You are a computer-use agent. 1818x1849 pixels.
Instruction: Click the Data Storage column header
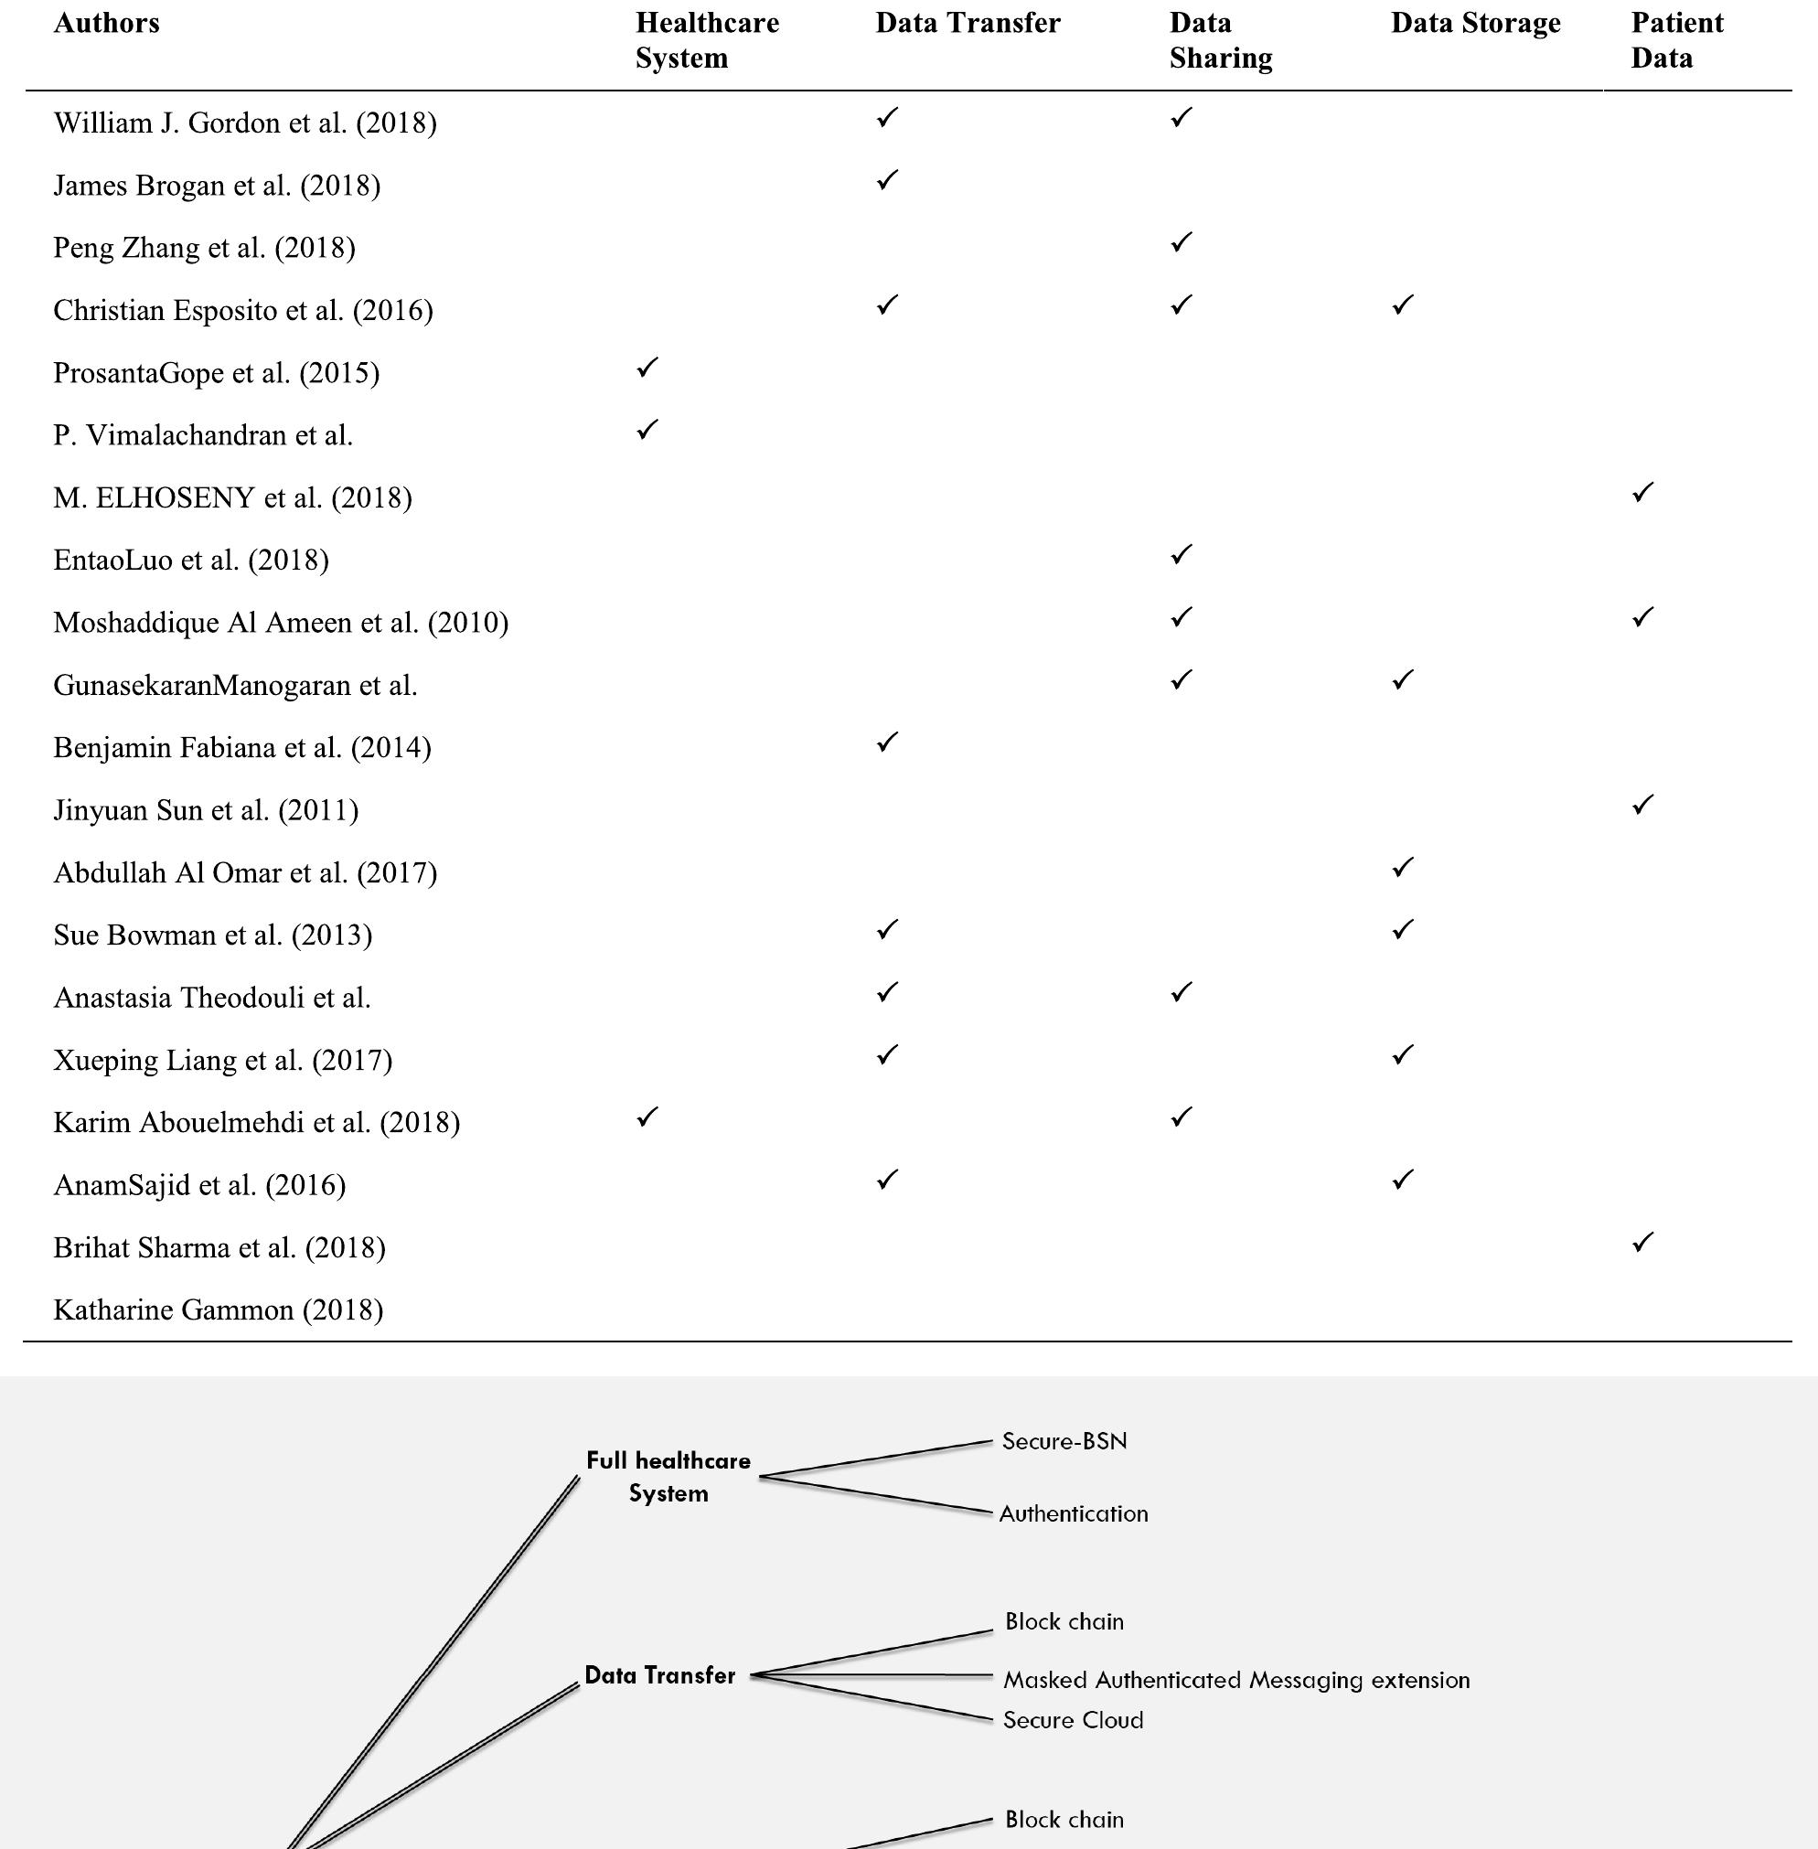click(1475, 23)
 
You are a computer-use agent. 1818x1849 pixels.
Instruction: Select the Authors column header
click(106, 23)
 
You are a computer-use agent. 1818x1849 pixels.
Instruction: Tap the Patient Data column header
click(1676, 40)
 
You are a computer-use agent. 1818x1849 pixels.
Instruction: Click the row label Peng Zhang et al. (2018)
click(204, 248)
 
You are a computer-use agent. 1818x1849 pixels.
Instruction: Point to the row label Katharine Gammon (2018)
click(218, 1309)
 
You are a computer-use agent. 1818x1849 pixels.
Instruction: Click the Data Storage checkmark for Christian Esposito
click(1402, 305)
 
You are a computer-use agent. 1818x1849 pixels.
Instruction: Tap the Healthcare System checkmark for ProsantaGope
click(647, 368)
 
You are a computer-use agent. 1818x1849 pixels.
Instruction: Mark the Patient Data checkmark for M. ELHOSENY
click(1642, 493)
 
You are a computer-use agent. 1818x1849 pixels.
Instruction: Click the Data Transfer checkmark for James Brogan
click(887, 180)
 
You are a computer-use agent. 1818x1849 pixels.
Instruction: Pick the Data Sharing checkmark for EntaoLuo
click(1182, 554)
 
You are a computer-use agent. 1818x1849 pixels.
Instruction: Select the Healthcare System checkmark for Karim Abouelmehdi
click(647, 1117)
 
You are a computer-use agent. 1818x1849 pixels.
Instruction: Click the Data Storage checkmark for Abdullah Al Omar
click(1402, 868)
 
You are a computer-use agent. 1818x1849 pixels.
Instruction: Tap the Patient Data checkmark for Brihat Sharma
click(1642, 1242)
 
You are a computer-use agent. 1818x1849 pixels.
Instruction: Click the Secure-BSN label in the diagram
click(1064, 1441)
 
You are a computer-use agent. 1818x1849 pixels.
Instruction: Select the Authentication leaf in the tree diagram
click(1074, 1514)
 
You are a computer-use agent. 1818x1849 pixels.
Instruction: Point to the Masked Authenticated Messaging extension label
click(1235, 1680)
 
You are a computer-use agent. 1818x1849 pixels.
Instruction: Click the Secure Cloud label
click(1073, 1720)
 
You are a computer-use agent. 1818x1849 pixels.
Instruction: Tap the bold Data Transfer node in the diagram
click(659, 1675)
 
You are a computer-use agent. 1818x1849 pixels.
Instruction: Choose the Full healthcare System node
click(668, 1477)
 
